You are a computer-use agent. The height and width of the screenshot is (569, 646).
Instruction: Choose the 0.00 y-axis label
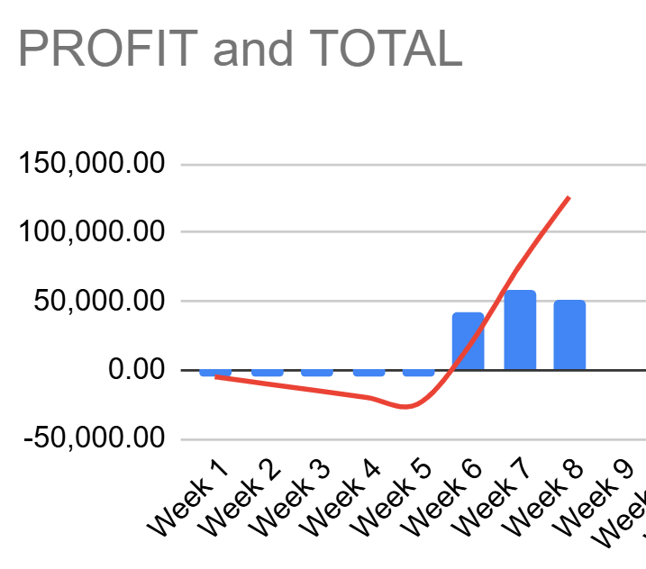point(135,370)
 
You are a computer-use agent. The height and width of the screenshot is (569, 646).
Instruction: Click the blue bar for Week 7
point(520,330)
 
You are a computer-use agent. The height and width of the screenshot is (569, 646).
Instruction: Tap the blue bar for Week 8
point(569,334)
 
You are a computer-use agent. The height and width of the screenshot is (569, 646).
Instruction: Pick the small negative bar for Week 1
point(215,373)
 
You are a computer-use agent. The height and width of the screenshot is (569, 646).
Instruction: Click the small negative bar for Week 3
point(317,373)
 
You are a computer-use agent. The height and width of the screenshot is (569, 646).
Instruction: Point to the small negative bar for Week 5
point(419,373)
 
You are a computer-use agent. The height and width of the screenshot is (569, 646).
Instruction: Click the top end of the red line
point(569,197)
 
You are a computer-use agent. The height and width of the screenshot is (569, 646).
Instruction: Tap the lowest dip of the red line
point(406,407)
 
